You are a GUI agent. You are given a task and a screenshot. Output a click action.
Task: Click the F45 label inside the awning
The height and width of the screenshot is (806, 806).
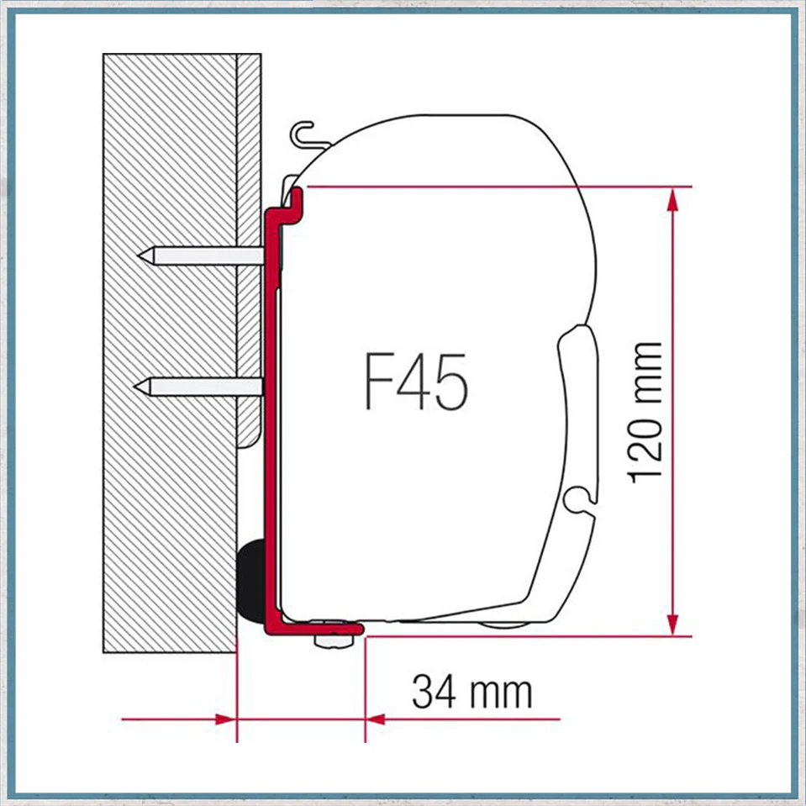[416, 382]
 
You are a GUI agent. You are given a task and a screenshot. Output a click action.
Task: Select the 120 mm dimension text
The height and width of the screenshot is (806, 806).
[645, 413]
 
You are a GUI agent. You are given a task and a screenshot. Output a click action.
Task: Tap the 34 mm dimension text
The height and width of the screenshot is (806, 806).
[471, 692]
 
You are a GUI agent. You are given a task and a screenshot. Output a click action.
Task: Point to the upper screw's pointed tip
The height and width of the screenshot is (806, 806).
[139, 255]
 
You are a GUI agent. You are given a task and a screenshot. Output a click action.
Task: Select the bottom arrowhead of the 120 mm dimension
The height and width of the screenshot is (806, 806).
[673, 624]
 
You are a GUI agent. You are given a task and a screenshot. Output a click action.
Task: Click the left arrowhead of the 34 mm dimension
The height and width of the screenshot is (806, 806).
[225, 719]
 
